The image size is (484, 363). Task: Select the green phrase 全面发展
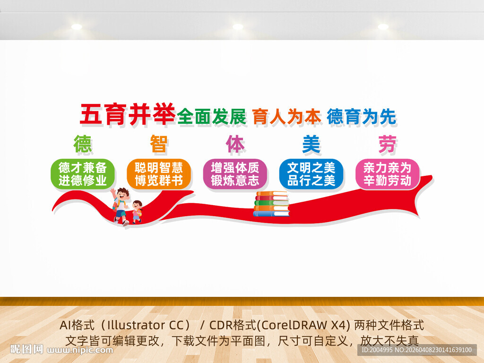(212, 117)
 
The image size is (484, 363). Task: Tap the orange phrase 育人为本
(286, 117)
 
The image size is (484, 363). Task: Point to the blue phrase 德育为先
(362, 117)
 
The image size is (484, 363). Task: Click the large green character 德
(83, 144)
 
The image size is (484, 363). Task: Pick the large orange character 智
(159, 144)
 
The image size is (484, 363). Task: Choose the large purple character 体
(235, 144)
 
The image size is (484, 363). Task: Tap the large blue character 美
(311, 144)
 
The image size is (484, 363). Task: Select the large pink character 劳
(387, 144)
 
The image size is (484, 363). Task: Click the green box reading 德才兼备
(83, 173)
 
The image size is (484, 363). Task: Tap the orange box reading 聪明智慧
(159, 173)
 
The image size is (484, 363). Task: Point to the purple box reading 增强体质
(235, 173)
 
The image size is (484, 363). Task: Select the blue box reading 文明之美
(311, 173)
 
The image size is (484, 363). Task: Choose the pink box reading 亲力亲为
(387, 173)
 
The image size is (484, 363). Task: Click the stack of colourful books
(271, 204)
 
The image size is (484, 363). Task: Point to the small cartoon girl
(137, 211)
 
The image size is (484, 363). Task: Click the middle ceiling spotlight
(238, 27)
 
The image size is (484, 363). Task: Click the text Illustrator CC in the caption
(141, 325)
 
